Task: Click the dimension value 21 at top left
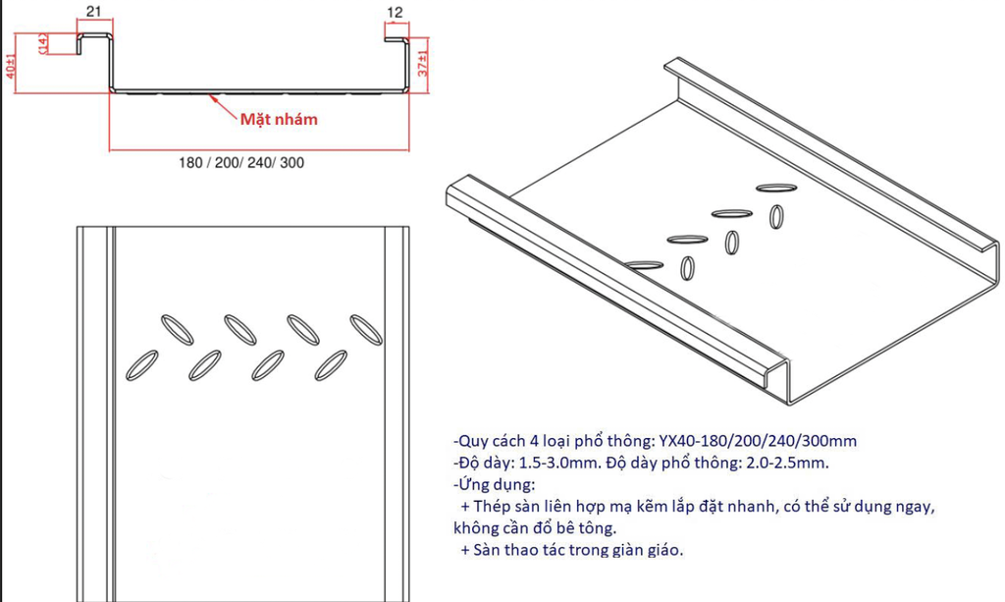(94, 12)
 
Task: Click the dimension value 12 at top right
(396, 12)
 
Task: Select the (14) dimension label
(42, 44)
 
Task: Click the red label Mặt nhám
(279, 119)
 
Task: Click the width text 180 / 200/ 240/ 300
(240, 163)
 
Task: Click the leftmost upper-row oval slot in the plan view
(178, 329)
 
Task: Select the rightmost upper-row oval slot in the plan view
(364, 329)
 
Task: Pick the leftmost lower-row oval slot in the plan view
(141, 363)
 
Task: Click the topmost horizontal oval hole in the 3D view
(777, 185)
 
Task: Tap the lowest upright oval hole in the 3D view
(688, 266)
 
